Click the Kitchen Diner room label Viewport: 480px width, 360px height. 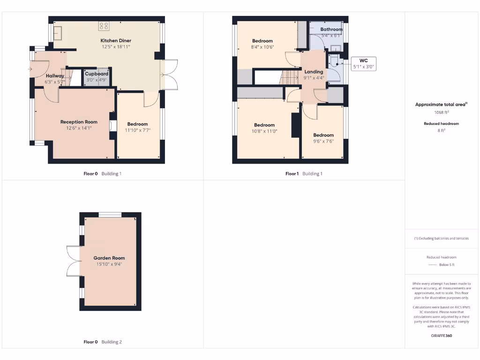(x=115, y=41)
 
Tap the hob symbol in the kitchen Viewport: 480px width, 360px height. (x=104, y=26)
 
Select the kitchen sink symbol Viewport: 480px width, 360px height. (x=59, y=33)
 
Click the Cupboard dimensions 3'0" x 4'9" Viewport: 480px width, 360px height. (x=97, y=80)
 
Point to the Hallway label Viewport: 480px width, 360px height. (x=55, y=76)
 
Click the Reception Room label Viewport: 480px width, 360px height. (x=79, y=122)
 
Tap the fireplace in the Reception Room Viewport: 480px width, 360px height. (x=111, y=126)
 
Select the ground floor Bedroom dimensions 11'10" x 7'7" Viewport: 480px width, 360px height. (x=138, y=130)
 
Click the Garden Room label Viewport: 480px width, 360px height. (x=109, y=258)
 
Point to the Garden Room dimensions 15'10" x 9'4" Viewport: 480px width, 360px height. (x=109, y=264)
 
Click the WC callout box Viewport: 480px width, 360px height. (x=364, y=64)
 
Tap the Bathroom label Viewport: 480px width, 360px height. (x=331, y=29)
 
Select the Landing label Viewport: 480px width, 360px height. (x=314, y=72)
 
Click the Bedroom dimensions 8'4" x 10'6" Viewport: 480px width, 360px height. (x=262, y=47)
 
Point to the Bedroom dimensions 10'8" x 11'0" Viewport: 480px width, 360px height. (x=264, y=131)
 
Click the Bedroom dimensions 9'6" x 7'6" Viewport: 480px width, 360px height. (x=323, y=141)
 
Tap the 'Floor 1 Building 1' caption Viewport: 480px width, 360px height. (x=304, y=173)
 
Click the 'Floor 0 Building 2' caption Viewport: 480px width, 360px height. (x=102, y=342)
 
